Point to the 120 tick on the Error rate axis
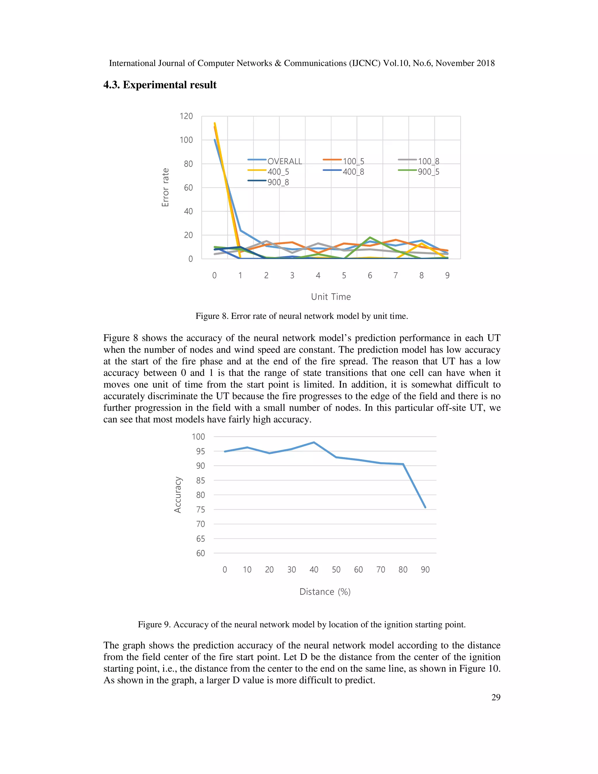pyautogui.click(x=186, y=116)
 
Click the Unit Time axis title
pyautogui.click(x=331, y=297)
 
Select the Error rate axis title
pyautogui.click(x=165, y=188)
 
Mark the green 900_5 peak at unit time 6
pyautogui.click(x=370, y=237)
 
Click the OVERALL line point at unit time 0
pyautogui.click(x=215, y=140)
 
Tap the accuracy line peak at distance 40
pyautogui.click(x=314, y=442)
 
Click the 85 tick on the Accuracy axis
pyautogui.click(x=201, y=480)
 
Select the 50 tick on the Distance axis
pyautogui.click(x=336, y=570)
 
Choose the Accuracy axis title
pyautogui.click(x=178, y=495)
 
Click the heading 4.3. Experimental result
pyautogui.click(x=160, y=85)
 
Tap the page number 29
pyautogui.click(x=496, y=697)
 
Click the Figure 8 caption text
pyautogui.click(x=301, y=316)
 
